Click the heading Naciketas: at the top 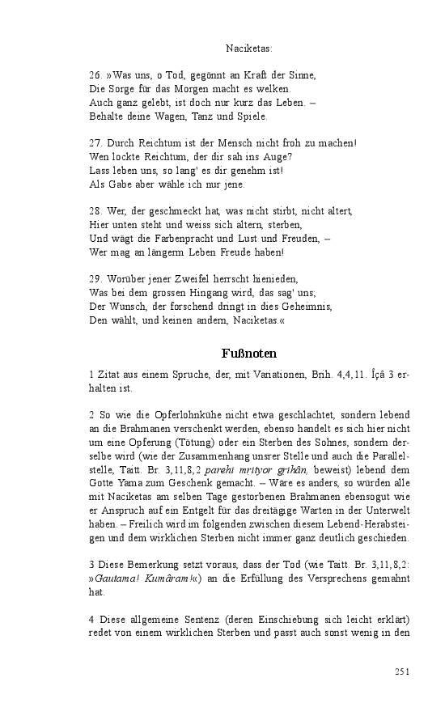pyautogui.click(x=249, y=49)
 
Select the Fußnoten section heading pyautogui.click(x=249, y=354)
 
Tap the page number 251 pyautogui.click(x=403, y=672)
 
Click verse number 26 pyautogui.click(x=95, y=75)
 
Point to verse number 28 pyautogui.click(x=95, y=211)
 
